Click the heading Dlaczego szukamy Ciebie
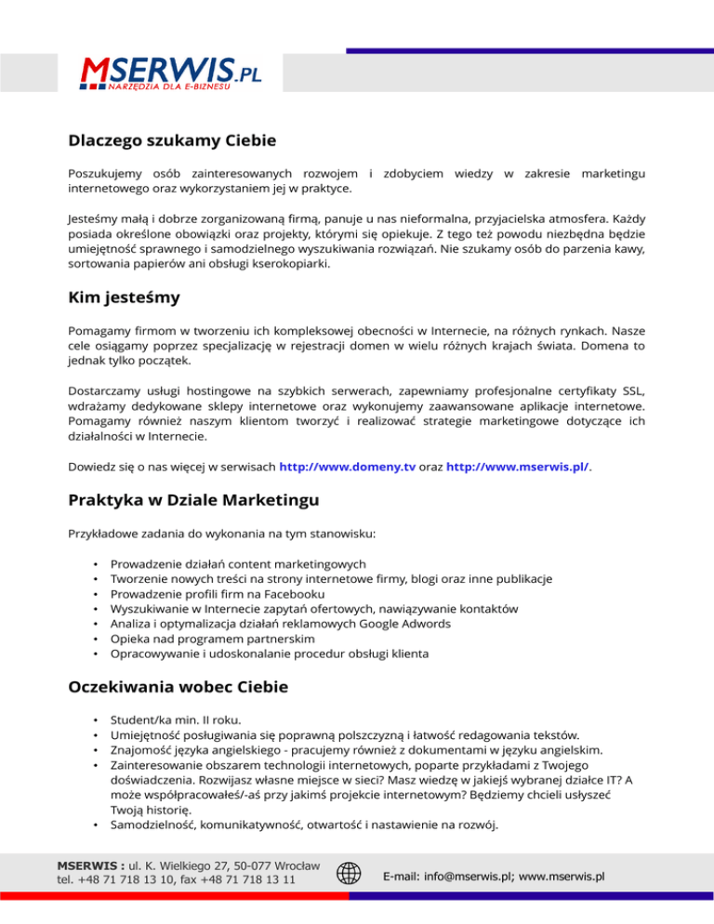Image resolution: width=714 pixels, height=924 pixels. click(x=172, y=142)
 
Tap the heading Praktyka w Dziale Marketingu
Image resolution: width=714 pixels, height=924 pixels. click(x=193, y=500)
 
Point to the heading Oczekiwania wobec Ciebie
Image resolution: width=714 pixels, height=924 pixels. click(x=178, y=688)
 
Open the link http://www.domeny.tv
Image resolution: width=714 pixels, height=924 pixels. click(x=347, y=467)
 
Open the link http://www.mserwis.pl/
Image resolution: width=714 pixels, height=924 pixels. click(x=518, y=467)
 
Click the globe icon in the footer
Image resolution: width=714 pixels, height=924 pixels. click(x=349, y=874)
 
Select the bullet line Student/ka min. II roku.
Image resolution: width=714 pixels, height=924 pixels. click(x=175, y=719)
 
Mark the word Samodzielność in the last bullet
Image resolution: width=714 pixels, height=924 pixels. click(x=152, y=825)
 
